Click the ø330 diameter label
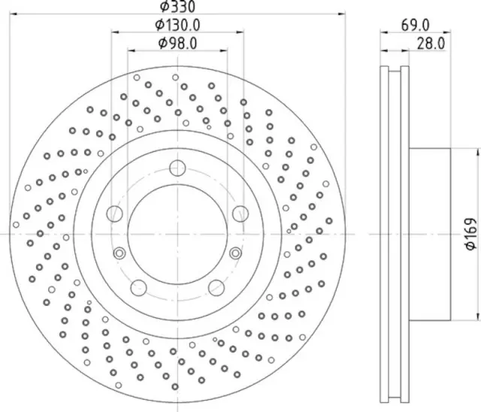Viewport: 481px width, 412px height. click(x=178, y=7)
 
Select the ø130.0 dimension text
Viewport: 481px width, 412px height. click(x=177, y=26)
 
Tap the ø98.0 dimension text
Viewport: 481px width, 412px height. click(x=177, y=44)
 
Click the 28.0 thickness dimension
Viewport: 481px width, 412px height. click(x=430, y=44)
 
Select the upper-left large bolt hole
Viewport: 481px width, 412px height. click(x=115, y=213)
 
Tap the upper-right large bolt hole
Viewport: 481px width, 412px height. click(x=240, y=213)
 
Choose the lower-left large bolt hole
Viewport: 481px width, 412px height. click(x=139, y=286)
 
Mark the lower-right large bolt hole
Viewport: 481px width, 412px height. click(x=216, y=286)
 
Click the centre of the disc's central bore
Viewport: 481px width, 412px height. click(x=177, y=235)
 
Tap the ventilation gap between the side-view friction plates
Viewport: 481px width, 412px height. click(x=396, y=233)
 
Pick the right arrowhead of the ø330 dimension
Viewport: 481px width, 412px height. click(x=343, y=13)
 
